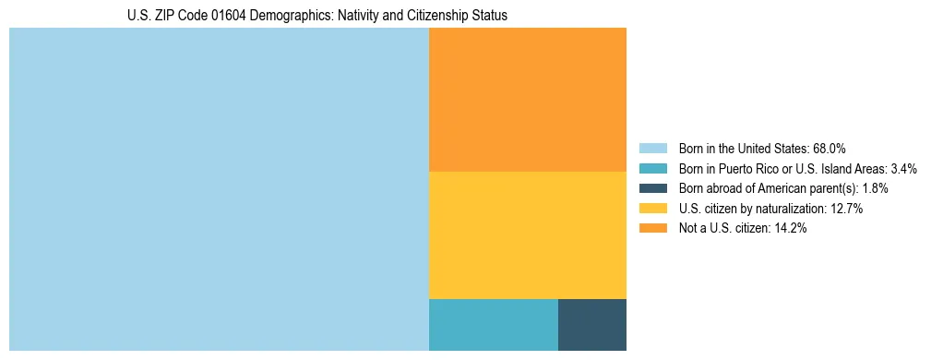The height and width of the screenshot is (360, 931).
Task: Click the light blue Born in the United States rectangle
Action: tap(219, 189)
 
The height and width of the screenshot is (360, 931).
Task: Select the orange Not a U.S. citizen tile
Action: tap(528, 100)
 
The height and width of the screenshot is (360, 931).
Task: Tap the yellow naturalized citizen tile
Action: tap(528, 235)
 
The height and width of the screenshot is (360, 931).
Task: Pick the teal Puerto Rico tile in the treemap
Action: tap(494, 325)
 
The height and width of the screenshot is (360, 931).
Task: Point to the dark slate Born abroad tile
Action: tap(592, 325)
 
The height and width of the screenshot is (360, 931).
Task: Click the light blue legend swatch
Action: tap(652, 149)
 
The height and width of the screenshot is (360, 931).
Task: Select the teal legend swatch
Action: tap(652, 169)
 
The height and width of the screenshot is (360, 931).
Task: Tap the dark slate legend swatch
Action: tap(652, 188)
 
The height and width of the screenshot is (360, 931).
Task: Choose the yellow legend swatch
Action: tap(652, 209)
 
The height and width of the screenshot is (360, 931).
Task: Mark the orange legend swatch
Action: tap(652, 229)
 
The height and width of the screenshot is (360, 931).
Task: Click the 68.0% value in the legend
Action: tap(830, 149)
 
